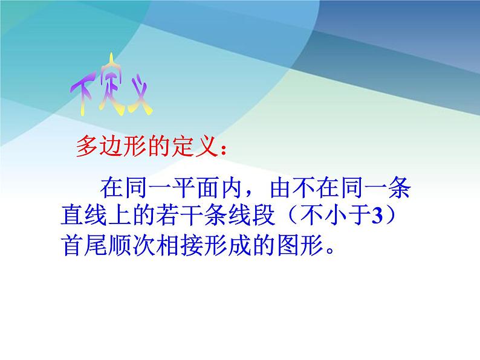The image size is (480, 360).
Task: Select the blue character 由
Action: pyautogui.click(x=280, y=187)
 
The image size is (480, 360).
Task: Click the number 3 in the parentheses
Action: pyautogui.click(x=377, y=216)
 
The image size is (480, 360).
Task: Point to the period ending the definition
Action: pyautogui.click(x=330, y=251)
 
